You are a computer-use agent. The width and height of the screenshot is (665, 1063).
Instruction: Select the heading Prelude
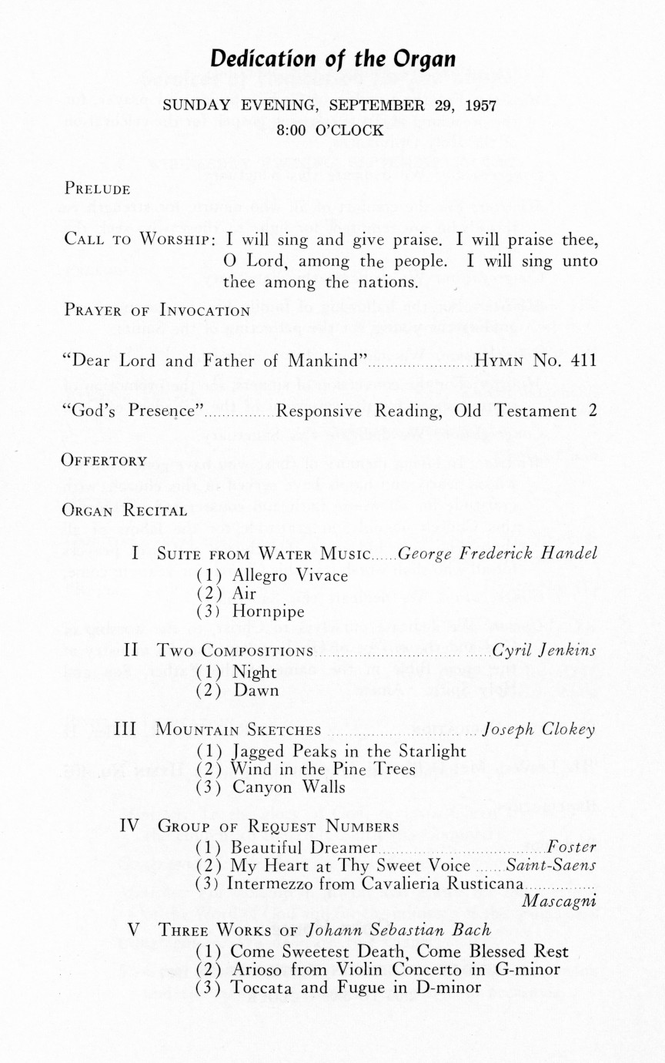click(x=97, y=188)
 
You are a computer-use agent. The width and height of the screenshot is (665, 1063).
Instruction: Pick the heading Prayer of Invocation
click(x=157, y=311)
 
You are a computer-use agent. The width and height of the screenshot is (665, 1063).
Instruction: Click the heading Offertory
click(x=105, y=461)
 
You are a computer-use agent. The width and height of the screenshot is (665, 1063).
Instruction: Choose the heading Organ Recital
click(x=125, y=510)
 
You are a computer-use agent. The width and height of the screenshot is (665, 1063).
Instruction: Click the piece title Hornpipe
click(x=269, y=612)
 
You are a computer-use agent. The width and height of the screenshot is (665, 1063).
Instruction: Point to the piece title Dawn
click(x=256, y=690)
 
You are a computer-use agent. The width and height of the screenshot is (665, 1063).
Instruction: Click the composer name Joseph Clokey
click(x=538, y=729)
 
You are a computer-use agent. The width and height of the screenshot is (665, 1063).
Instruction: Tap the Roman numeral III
click(x=125, y=729)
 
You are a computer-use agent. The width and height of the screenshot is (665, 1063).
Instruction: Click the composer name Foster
click(x=572, y=847)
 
